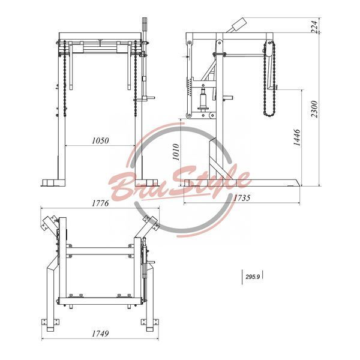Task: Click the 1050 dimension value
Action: point(100,140)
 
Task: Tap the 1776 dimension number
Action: point(100,203)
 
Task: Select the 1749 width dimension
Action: point(100,334)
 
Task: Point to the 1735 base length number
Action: point(242,197)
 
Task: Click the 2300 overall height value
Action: point(314,109)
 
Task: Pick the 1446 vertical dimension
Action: point(297,137)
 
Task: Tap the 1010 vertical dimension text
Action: point(176,152)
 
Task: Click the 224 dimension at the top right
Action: point(315,26)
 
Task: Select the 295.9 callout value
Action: point(253,277)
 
